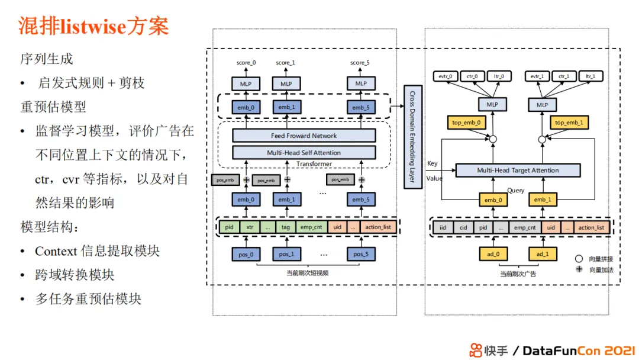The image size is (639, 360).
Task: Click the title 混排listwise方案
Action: point(94,26)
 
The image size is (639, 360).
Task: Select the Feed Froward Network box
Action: point(304,136)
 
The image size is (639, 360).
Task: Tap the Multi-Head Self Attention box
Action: point(304,153)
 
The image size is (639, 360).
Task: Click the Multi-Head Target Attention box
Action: point(518,171)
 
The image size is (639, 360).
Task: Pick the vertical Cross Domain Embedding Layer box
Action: point(412,137)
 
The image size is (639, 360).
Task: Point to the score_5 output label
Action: point(361,63)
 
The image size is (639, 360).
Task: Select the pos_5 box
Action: point(361,254)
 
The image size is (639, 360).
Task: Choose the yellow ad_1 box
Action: point(543,254)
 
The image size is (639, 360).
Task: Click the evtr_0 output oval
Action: point(446,76)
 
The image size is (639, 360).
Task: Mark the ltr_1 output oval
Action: point(590,76)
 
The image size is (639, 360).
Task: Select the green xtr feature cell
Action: point(250,227)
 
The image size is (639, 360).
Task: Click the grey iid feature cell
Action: point(443,227)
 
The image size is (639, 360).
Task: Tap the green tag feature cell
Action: point(285,227)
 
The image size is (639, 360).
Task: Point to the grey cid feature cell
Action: point(463,227)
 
